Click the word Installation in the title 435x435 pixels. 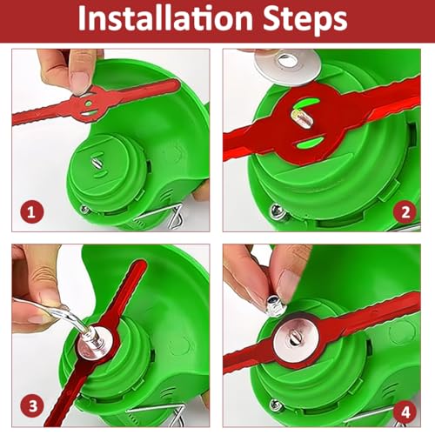coord(165,18)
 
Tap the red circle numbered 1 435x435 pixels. coord(31,212)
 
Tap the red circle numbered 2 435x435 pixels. coord(405,212)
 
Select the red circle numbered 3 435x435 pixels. coord(32,406)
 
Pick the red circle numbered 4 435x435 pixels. coord(405,412)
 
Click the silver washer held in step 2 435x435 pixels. coord(288,66)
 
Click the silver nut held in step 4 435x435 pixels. coord(277,305)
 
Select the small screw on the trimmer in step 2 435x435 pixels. coord(276,210)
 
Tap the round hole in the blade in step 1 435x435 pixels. coord(89,104)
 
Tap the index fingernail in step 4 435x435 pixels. coord(288,284)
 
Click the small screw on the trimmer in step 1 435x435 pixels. coord(84,210)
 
